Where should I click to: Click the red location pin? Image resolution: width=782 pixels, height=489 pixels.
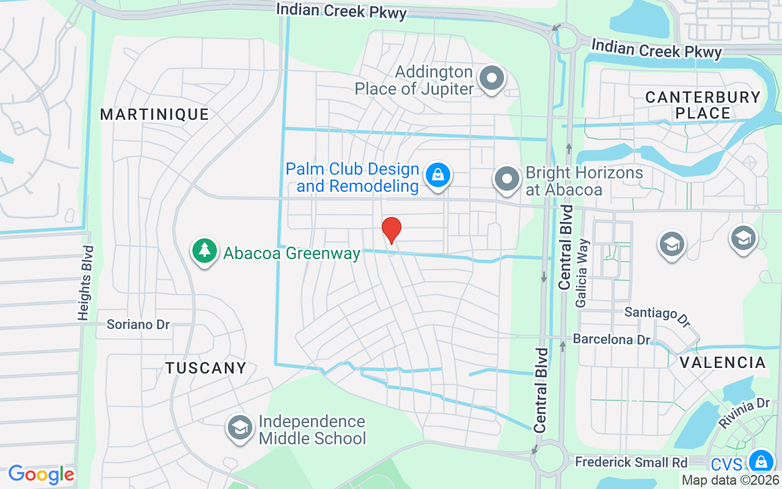391,230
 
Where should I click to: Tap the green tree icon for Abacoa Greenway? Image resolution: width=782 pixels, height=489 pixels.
205,251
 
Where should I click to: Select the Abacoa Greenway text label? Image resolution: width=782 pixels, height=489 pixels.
292,253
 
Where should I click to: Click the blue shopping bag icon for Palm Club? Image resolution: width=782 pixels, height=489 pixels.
438,175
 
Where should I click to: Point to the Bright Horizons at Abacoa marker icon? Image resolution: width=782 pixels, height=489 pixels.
506,178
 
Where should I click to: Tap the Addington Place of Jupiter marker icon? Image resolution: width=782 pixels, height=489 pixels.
491,78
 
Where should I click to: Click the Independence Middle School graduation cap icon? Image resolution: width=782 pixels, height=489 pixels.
241,428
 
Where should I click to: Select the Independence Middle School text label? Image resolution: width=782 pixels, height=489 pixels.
312,430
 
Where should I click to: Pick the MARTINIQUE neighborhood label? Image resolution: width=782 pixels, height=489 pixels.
155,114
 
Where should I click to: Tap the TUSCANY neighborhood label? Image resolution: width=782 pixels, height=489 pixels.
206,368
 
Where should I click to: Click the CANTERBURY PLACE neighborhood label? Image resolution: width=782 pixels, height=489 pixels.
703,105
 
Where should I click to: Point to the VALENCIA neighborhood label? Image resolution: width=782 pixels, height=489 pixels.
723,362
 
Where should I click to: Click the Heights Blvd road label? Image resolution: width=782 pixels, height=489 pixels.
86,283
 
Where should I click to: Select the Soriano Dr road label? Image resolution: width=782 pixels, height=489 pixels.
138,325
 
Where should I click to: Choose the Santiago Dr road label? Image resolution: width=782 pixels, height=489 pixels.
657,315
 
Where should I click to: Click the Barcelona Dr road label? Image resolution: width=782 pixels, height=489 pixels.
612,339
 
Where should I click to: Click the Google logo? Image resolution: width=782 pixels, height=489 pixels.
41,474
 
